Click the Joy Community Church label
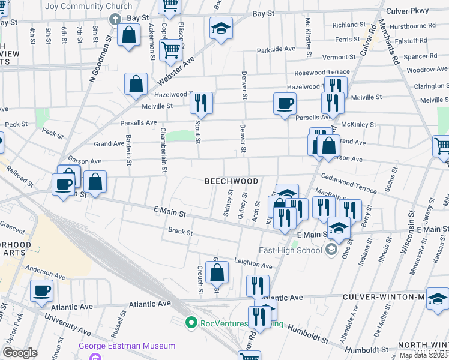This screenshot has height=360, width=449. point(88,7)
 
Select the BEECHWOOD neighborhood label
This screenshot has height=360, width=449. point(232,181)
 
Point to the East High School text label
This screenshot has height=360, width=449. point(291,250)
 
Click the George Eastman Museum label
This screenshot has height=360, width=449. point(127,346)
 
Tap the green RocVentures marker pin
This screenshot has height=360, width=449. point(191,323)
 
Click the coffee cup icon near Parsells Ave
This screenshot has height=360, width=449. point(285,103)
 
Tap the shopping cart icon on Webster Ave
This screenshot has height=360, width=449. point(171,49)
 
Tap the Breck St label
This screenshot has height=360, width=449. point(180,231)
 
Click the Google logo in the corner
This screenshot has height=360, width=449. point(20,353)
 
